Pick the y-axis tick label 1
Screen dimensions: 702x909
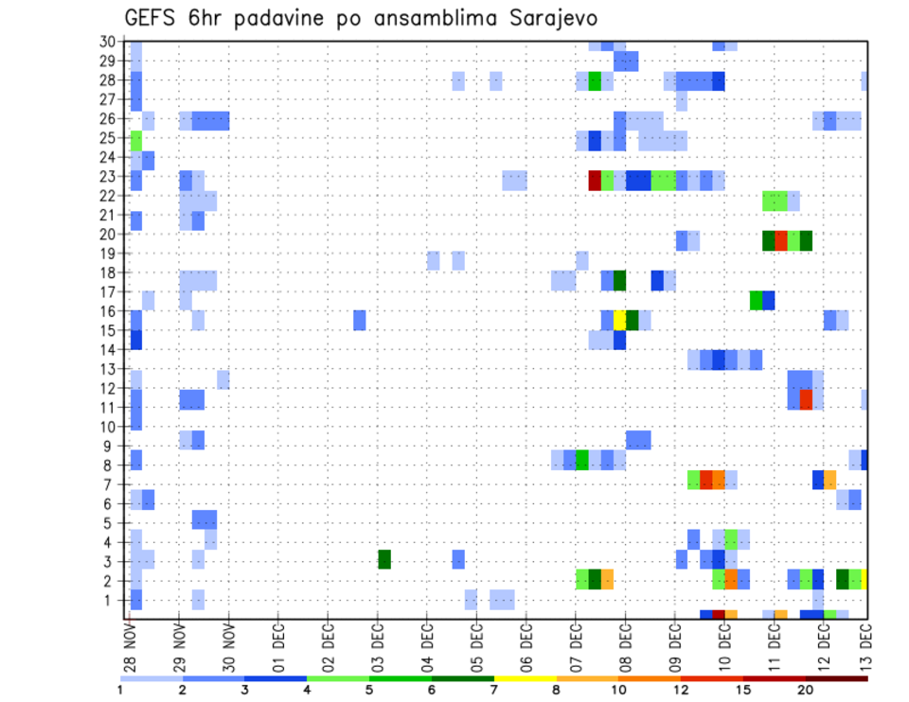click(112, 600)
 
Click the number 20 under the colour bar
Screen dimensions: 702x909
click(806, 689)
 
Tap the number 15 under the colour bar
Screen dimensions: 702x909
click(743, 689)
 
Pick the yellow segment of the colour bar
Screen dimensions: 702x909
click(525, 678)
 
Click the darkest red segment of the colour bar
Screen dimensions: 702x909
click(836, 678)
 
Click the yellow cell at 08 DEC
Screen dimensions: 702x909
click(620, 320)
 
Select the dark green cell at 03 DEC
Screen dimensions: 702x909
click(384, 559)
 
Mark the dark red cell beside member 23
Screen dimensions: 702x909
click(595, 180)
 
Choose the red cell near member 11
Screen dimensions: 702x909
click(806, 399)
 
